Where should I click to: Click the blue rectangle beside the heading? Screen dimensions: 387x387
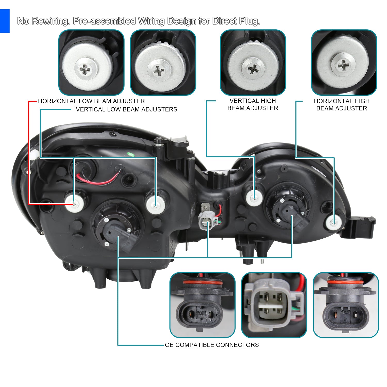click(5, 21)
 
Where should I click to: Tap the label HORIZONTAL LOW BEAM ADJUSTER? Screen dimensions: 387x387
click(91, 101)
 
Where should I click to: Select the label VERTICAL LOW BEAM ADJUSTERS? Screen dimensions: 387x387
click(126, 109)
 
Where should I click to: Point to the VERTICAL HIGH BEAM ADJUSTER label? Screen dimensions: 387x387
click(253, 104)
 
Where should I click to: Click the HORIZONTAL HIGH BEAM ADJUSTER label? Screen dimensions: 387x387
click(342, 105)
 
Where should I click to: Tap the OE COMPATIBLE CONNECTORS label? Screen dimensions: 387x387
click(212, 345)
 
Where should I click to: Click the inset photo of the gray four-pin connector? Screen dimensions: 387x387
click(274, 305)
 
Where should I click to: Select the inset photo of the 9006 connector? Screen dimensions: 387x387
click(203, 305)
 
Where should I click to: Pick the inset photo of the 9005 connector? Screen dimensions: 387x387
click(346, 305)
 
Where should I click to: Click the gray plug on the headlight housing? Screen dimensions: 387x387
click(206, 221)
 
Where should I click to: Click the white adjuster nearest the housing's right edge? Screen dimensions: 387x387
click(334, 222)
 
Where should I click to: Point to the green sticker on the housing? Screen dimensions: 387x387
click(132, 155)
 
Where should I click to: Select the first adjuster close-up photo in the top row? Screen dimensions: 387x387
click(91, 62)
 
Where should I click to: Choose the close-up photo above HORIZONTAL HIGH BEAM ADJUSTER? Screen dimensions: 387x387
click(344, 62)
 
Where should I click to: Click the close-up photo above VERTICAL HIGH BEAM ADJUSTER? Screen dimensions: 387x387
click(253, 62)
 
